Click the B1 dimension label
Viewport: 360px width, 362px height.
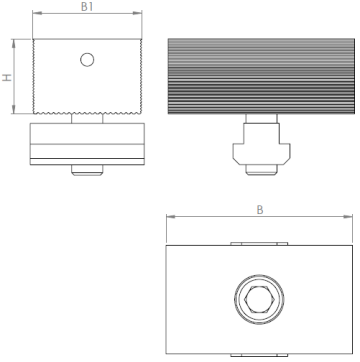pos(87,6)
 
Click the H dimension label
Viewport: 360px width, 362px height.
pos(7,77)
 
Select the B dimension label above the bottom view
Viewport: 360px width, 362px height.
pos(260,210)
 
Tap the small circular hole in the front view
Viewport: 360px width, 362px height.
pos(87,60)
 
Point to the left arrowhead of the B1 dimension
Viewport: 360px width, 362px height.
pos(37,13)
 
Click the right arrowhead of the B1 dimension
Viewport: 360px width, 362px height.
pos(137,13)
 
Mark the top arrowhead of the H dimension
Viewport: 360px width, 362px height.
pos(14,43)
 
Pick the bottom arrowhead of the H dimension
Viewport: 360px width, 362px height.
pos(14,109)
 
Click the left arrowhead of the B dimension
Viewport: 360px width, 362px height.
pos(171,217)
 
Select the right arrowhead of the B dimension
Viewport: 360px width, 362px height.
pos(348,217)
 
